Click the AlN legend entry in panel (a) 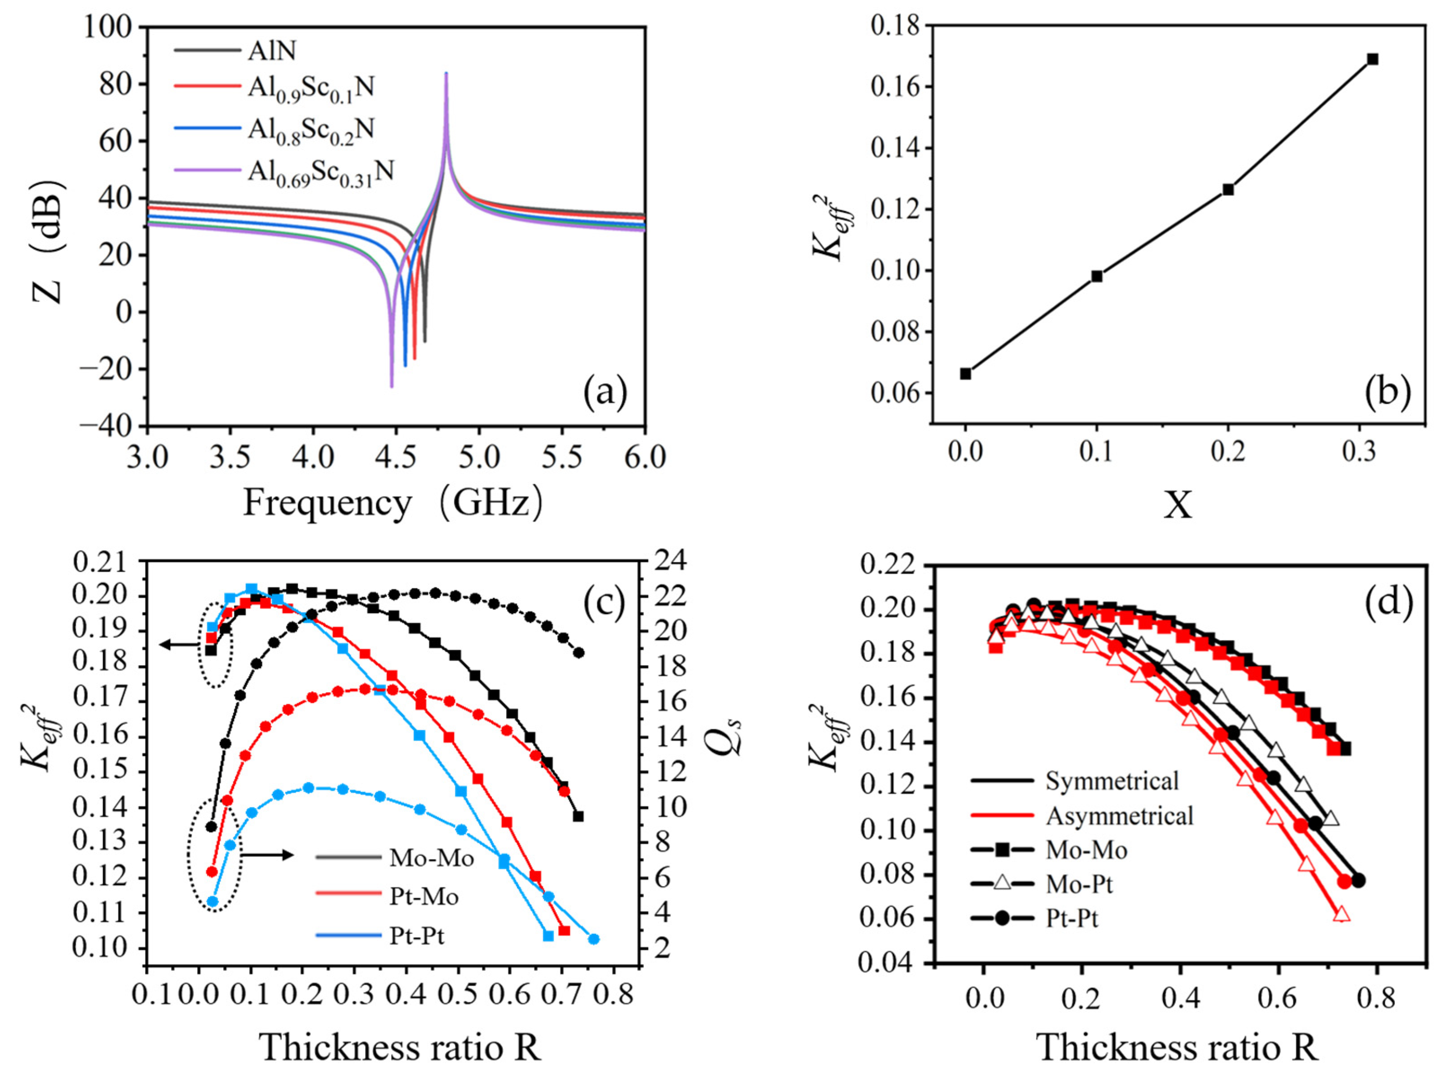271,50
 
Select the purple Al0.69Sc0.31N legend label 321,171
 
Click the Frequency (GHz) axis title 393,504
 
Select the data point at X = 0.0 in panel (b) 966,373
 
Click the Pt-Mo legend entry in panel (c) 423,896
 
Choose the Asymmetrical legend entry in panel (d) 1119,816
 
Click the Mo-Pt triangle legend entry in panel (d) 1079,885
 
